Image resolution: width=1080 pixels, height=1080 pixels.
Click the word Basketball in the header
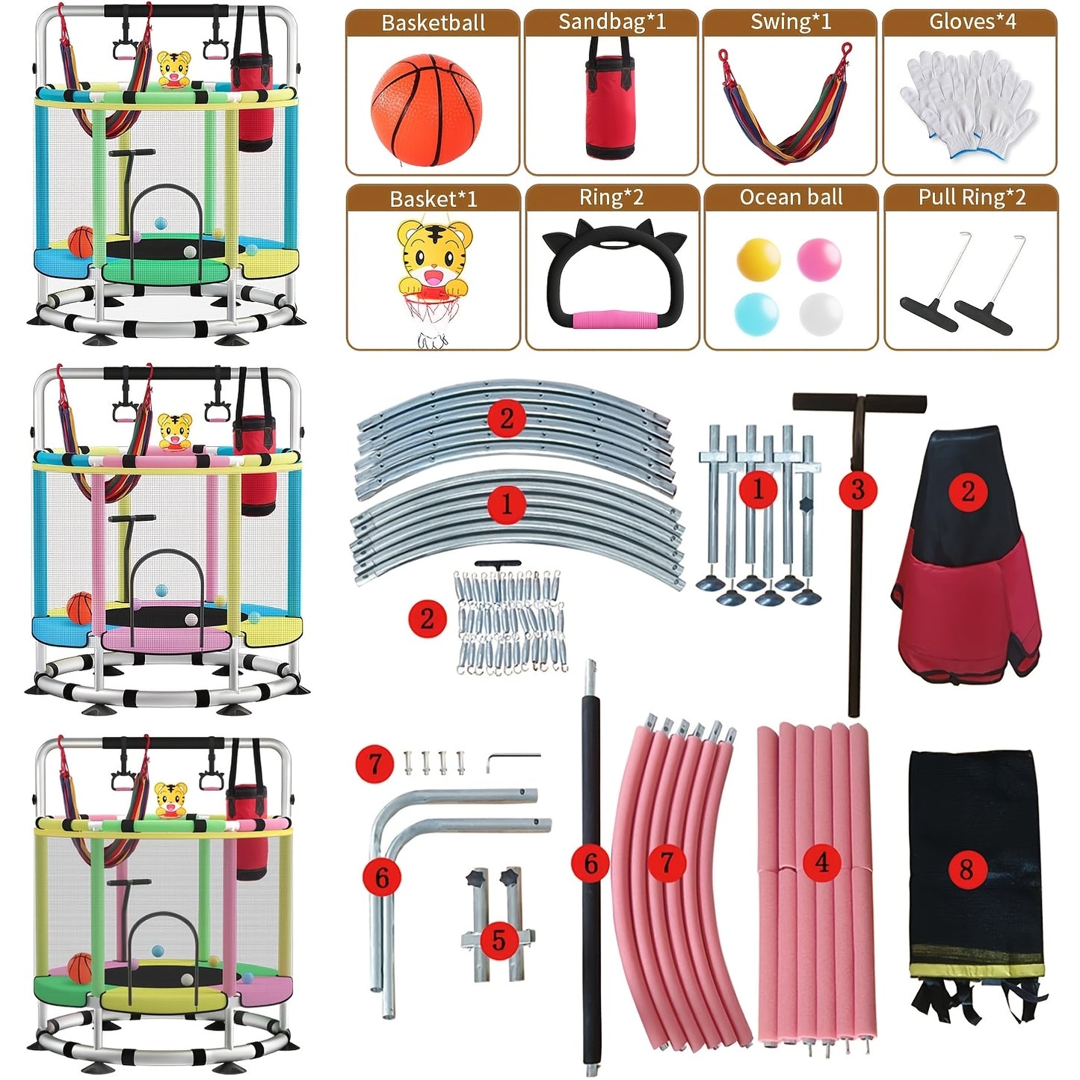(x=433, y=23)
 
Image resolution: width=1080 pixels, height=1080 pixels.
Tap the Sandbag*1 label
(x=612, y=22)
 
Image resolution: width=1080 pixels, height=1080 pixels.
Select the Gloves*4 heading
(x=972, y=22)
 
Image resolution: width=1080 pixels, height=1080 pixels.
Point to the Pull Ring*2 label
(x=972, y=197)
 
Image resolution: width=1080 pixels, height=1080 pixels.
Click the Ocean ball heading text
(x=791, y=197)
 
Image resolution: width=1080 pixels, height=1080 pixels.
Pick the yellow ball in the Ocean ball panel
(x=759, y=259)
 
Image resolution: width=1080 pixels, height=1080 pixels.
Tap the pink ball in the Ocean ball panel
(x=819, y=259)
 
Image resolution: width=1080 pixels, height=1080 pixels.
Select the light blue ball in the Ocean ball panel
(x=756, y=314)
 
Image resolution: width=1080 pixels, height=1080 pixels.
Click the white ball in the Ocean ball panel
(x=821, y=314)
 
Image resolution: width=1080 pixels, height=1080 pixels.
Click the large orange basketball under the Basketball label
(x=426, y=110)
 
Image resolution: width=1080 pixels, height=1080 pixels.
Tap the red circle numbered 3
(x=857, y=490)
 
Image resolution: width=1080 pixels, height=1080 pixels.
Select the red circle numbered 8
(x=966, y=869)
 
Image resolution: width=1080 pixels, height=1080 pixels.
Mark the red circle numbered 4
(x=821, y=863)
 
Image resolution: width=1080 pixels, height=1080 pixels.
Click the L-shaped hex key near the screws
(x=513, y=762)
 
